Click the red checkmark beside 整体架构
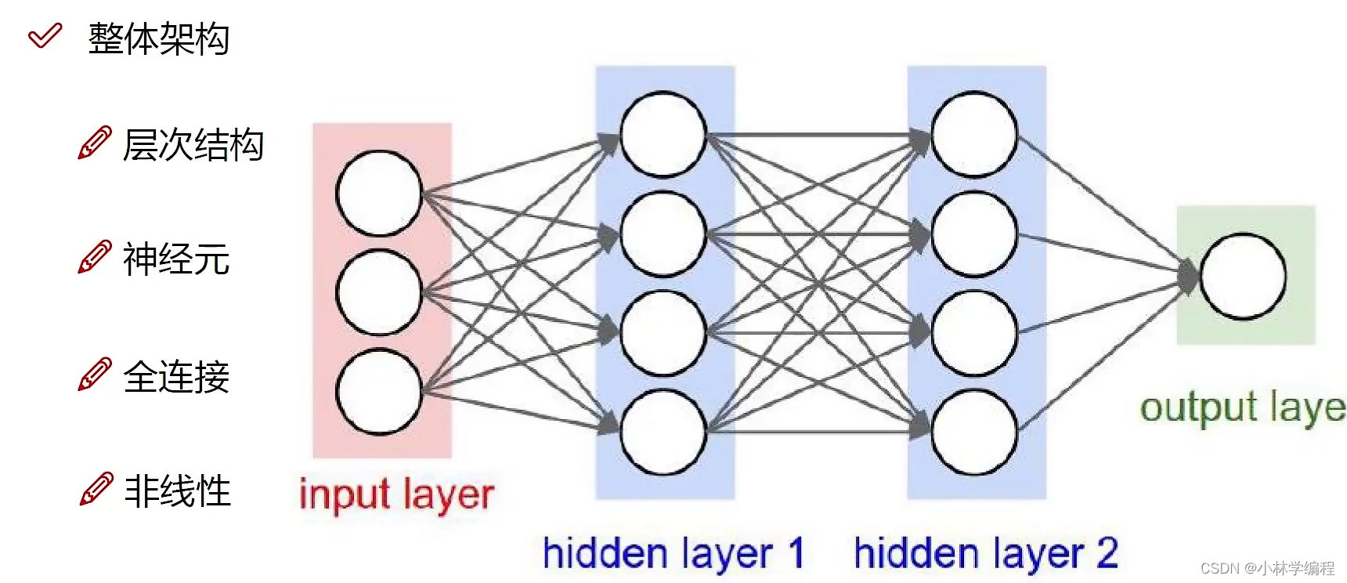tap(45, 36)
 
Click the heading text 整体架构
tap(158, 38)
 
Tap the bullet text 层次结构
tap(193, 145)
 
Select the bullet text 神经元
tap(176, 259)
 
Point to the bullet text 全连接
tap(176, 376)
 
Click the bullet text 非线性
tap(178, 491)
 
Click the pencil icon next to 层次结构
tap(94, 143)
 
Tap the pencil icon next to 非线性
tap(96, 490)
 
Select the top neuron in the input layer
tap(379, 194)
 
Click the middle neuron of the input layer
tap(379, 292)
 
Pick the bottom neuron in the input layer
tap(379, 392)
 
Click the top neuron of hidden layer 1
tap(663, 134)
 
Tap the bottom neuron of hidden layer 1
tap(663, 433)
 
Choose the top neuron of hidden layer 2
tap(974, 134)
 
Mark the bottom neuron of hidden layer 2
tap(974, 433)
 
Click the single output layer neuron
tap(1243, 277)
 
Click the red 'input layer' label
tap(396, 495)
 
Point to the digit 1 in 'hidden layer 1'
tap(796, 552)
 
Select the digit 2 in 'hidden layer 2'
tap(1107, 552)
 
